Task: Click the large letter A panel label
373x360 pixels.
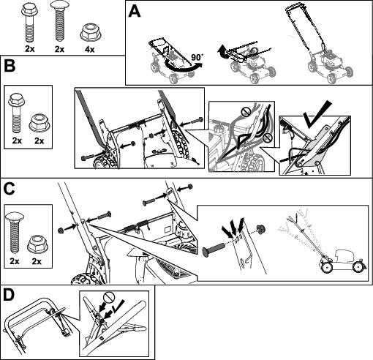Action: (x=135, y=12)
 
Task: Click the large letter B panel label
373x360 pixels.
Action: (x=10, y=66)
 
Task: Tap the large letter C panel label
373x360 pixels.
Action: (x=10, y=189)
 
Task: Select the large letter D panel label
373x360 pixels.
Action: (x=10, y=295)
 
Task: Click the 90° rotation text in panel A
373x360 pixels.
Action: (x=197, y=57)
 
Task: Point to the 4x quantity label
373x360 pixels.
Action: (x=89, y=50)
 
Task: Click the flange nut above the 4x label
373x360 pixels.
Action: (x=91, y=32)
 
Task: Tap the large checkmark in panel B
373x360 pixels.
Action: (x=317, y=114)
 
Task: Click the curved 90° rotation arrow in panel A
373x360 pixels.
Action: (x=183, y=69)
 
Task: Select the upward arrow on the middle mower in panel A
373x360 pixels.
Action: (x=222, y=51)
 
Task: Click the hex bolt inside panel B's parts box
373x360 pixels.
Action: (x=17, y=113)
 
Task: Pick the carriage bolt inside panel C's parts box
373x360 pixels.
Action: (x=15, y=233)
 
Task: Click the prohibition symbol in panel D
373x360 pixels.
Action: (x=108, y=298)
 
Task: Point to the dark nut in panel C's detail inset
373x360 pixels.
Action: (x=260, y=229)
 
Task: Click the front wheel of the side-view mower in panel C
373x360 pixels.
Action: (x=358, y=267)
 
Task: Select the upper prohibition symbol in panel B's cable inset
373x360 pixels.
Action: (x=246, y=112)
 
